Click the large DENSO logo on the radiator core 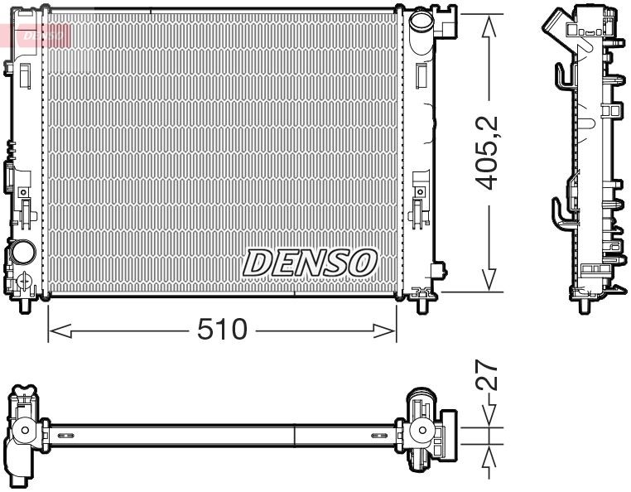coord(310,263)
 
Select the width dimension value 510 coord(221,330)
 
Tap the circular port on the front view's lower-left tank coord(22,252)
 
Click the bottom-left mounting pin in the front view coord(25,305)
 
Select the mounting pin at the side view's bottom coord(584,303)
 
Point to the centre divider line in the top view coord(296,434)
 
